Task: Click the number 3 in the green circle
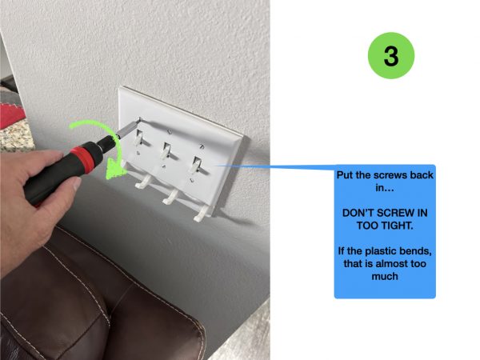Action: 391,56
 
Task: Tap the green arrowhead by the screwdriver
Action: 115,170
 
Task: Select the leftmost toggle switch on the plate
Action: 139,137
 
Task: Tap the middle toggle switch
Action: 166,150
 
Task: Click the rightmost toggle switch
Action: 196,166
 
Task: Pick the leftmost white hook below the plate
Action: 143,182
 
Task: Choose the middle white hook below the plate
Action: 170,197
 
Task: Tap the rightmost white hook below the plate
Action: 202,214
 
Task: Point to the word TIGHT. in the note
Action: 398,226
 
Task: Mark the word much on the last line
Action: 385,277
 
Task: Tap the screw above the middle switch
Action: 170,132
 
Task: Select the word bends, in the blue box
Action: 416,251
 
